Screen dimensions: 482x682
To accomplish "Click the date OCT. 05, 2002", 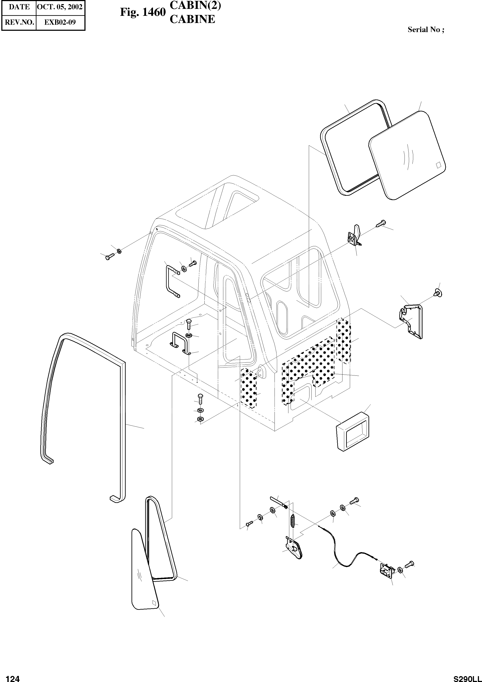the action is coord(60,7).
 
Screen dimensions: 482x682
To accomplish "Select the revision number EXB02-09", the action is coord(60,22).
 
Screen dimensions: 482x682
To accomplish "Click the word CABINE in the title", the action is coord(192,19).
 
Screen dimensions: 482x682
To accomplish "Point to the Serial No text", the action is coord(426,29).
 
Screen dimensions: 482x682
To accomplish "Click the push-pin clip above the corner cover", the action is coord(437,293).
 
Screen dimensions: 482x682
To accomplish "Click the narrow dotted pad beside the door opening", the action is coord(248,387).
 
